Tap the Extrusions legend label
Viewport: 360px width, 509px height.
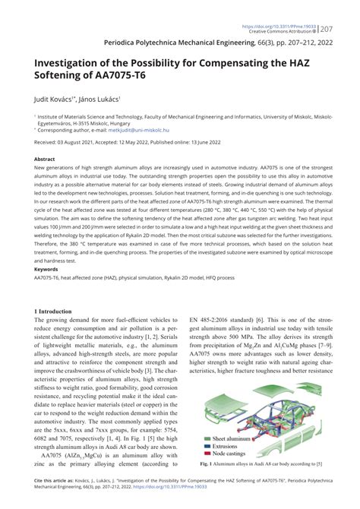[229, 446]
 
